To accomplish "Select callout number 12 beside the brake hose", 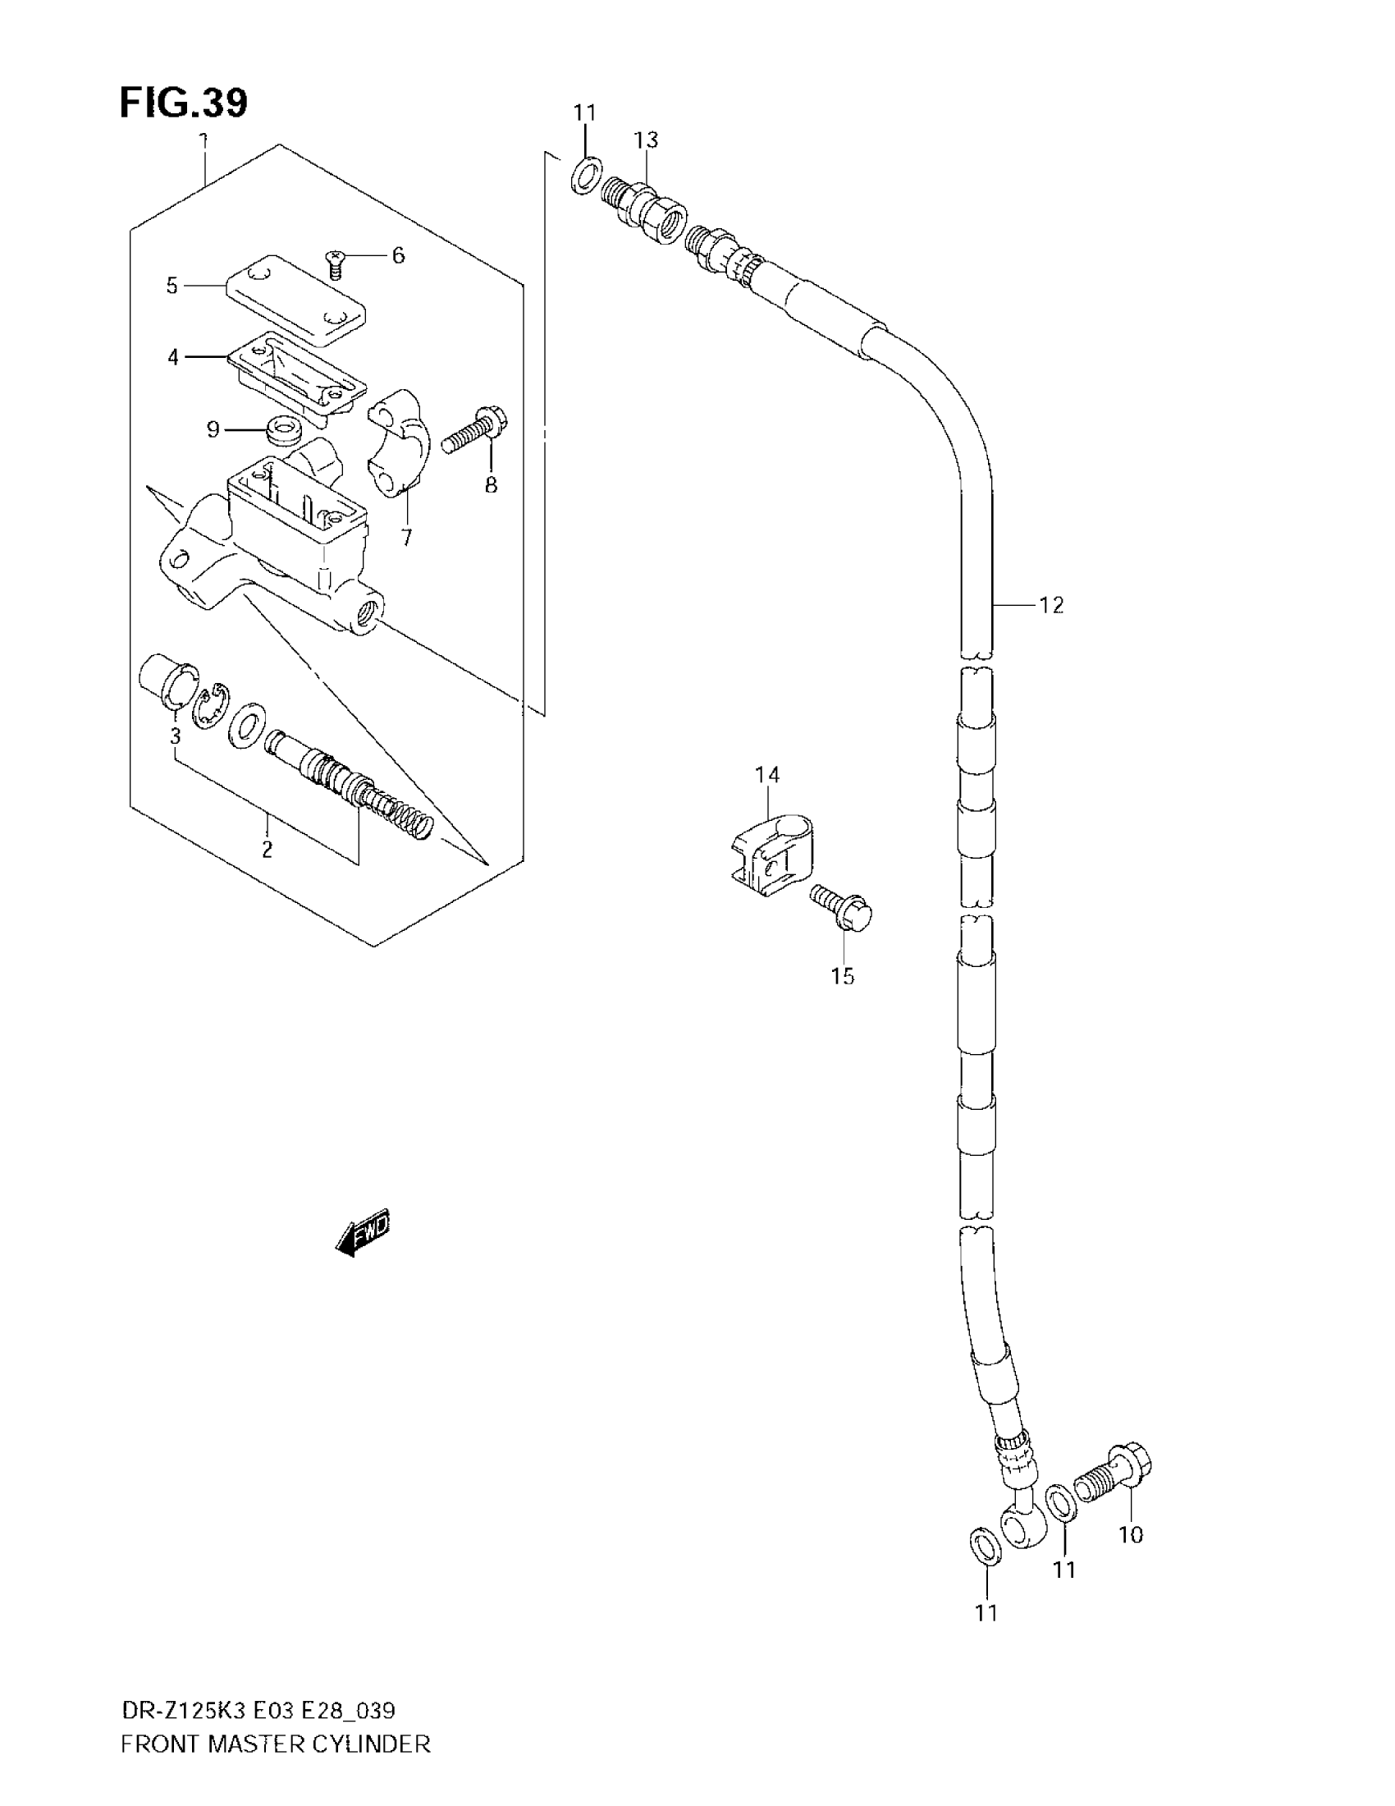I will click(1051, 605).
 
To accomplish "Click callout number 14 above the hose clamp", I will click(767, 775).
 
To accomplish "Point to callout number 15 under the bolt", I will click(842, 977).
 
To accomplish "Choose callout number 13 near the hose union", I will click(647, 140).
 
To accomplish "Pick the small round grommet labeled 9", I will click(281, 431).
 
